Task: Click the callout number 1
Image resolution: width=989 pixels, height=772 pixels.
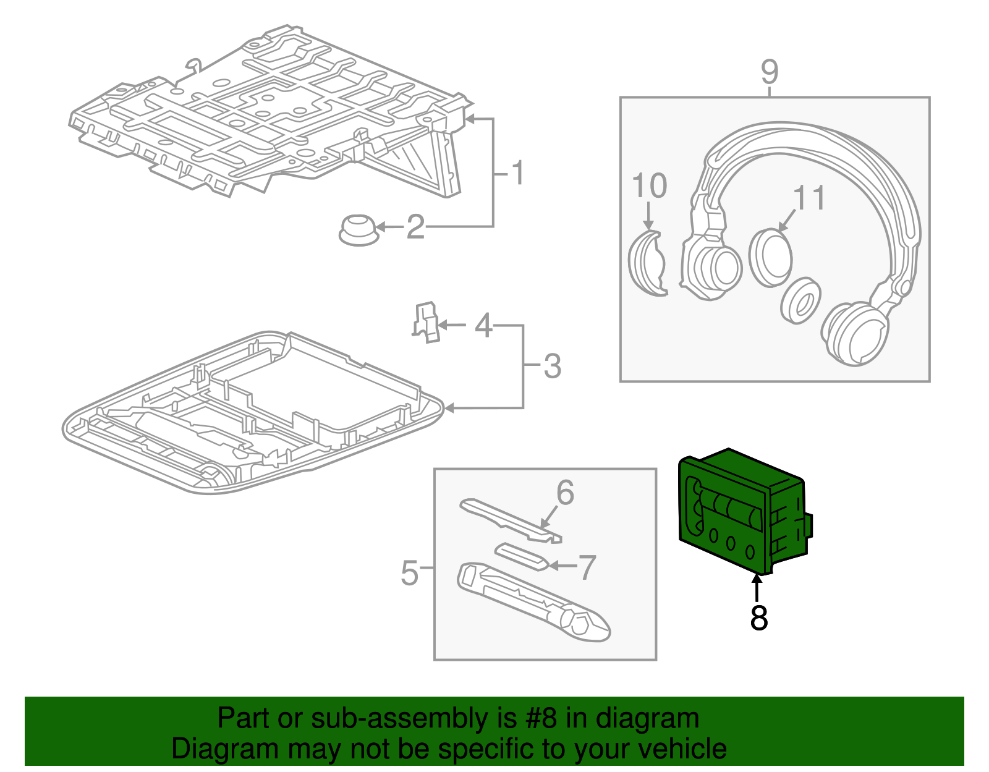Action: point(518,173)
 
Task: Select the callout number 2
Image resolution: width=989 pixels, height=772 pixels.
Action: point(415,227)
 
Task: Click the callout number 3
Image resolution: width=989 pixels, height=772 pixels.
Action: point(552,366)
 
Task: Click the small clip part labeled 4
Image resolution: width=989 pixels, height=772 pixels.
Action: point(426,321)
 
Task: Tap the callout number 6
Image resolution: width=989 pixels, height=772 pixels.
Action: point(565,493)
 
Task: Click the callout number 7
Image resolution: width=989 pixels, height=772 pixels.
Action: point(587,567)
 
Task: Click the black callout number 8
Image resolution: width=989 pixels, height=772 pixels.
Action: point(758,617)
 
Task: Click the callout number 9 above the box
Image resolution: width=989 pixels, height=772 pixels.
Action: point(770,72)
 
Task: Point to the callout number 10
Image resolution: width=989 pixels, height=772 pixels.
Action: point(649,185)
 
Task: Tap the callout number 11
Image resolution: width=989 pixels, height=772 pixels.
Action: point(809,198)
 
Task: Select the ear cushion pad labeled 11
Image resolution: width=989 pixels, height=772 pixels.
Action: point(771,257)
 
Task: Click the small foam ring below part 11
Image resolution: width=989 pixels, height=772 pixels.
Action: point(801,300)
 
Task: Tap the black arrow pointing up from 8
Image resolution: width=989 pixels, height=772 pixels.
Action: point(757,587)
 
